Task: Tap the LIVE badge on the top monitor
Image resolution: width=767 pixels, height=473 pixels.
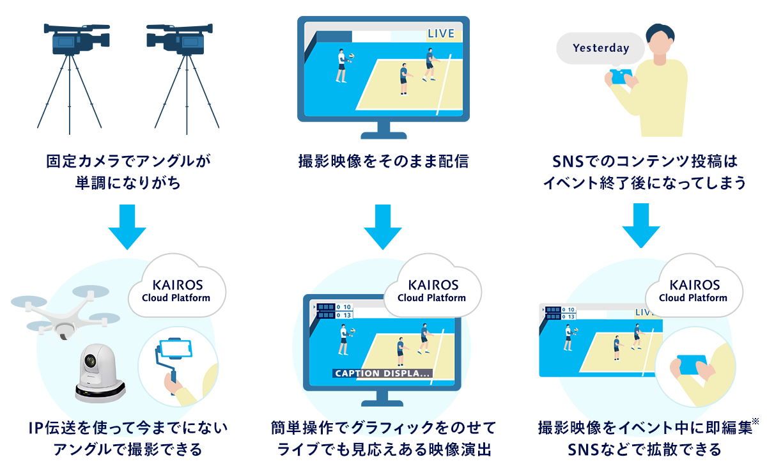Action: click(x=441, y=34)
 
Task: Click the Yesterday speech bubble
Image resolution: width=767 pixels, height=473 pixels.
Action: click(x=600, y=48)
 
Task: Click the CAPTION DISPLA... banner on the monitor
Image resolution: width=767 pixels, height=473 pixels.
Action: click(x=382, y=373)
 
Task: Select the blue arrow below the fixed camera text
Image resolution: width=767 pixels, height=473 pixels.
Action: click(x=128, y=227)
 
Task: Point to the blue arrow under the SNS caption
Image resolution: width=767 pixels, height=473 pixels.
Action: click(x=640, y=227)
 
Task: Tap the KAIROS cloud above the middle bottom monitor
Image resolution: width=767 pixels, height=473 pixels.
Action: click(x=431, y=290)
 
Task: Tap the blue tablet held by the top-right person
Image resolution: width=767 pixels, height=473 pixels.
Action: click(x=621, y=77)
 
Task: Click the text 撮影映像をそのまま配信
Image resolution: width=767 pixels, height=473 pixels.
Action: click(x=383, y=162)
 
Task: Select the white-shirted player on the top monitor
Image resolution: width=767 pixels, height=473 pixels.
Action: click(x=343, y=66)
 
